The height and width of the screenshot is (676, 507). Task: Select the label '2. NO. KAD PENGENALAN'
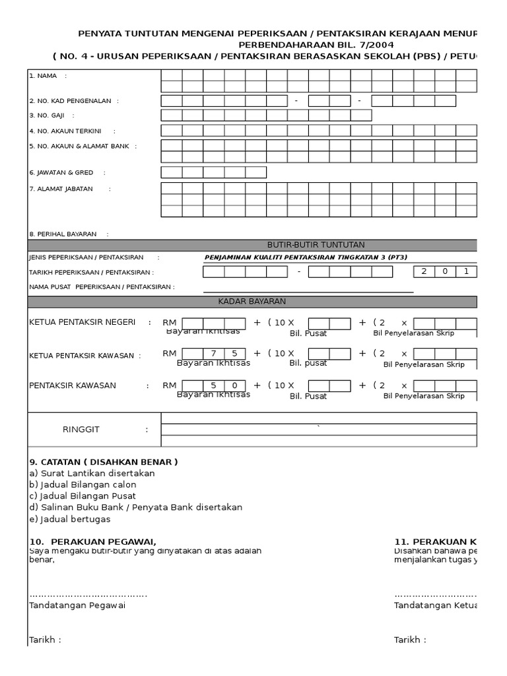pyautogui.click(x=73, y=101)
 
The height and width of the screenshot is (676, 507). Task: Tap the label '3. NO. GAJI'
pyautogui.click(x=51, y=115)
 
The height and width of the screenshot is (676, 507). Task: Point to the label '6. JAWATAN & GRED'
pyautogui.click(x=61, y=172)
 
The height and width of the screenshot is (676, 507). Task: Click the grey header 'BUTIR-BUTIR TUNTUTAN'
pyautogui.click(x=316, y=245)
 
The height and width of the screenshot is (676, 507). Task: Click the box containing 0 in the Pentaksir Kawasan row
pyautogui.click(x=234, y=385)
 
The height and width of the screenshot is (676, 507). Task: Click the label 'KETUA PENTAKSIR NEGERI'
pyautogui.click(x=83, y=322)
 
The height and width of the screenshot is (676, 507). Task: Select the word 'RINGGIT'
pyautogui.click(x=81, y=429)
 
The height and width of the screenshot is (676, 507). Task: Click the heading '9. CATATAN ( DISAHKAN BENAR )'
pyautogui.click(x=103, y=461)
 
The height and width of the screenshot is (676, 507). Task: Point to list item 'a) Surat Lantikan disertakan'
pyautogui.click(x=92, y=473)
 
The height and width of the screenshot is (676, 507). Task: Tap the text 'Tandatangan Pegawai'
pyautogui.click(x=77, y=605)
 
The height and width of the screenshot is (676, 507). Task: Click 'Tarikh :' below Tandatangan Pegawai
pyautogui.click(x=46, y=640)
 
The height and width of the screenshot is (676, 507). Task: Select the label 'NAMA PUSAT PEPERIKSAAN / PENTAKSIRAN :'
pyautogui.click(x=102, y=287)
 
